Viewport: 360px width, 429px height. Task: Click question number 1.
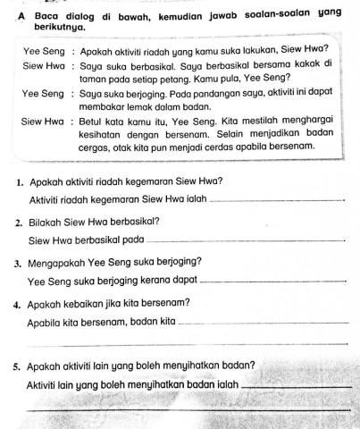point(20,181)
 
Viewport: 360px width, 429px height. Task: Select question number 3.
point(20,263)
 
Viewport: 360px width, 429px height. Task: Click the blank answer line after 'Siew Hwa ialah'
point(275,201)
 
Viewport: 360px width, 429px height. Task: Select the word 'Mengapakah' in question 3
point(59,263)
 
